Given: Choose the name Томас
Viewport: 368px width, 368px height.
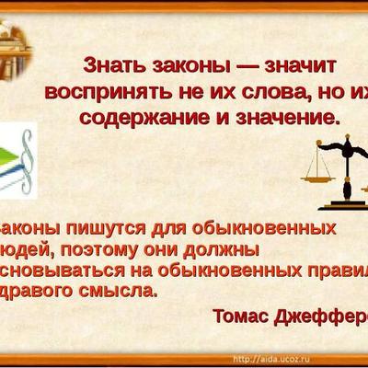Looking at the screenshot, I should coord(241,316).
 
